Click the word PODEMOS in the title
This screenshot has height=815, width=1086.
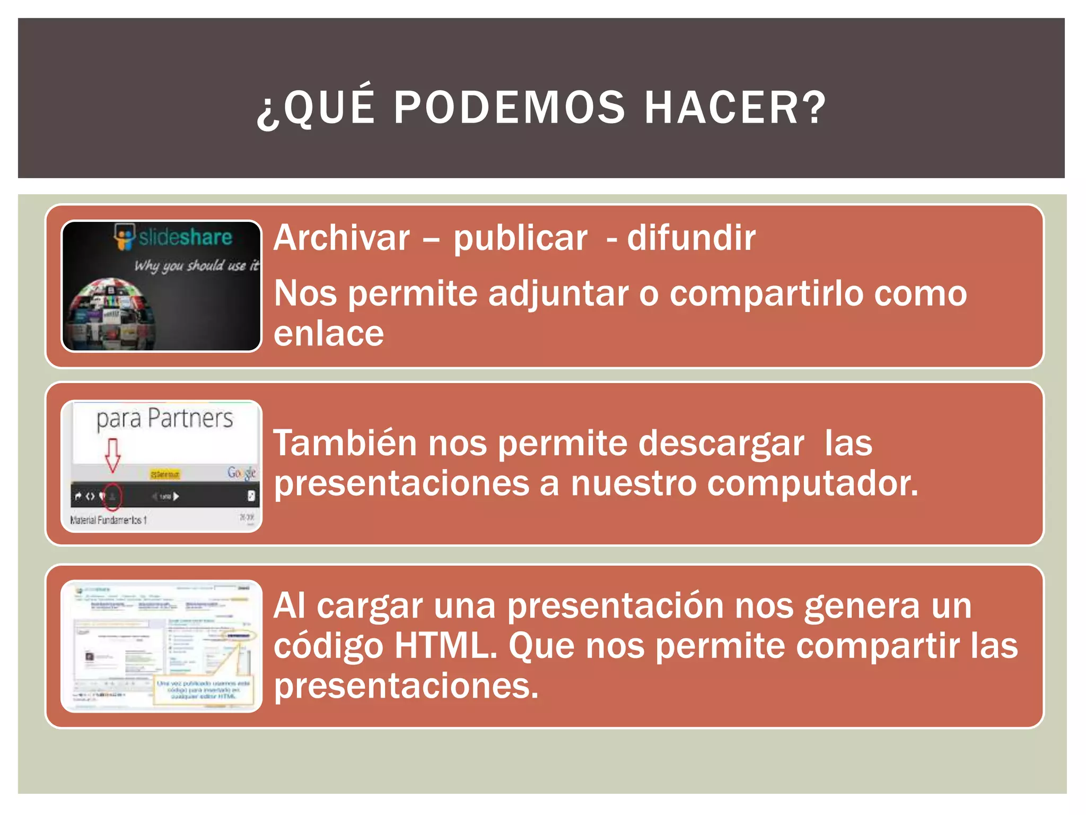click(x=509, y=108)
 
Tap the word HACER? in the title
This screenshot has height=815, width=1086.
click(x=735, y=108)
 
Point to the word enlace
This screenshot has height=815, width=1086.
click(x=329, y=334)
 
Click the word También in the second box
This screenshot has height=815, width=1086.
click(x=345, y=443)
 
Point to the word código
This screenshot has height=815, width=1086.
click(x=329, y=647)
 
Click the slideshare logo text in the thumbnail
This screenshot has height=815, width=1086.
click(x=185, y=237)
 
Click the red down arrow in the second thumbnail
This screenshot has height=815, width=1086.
click(x=112, y=455)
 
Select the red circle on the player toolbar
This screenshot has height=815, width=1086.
click(x=112, y=497)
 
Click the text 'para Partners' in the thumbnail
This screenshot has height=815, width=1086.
click(x=164, y=419)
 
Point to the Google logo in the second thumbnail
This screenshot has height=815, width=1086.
click(x=242, y=472)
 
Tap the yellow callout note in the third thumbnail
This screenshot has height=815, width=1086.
click(x=203, y=690)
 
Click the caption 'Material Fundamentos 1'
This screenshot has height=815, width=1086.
click(x=109, y=520)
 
